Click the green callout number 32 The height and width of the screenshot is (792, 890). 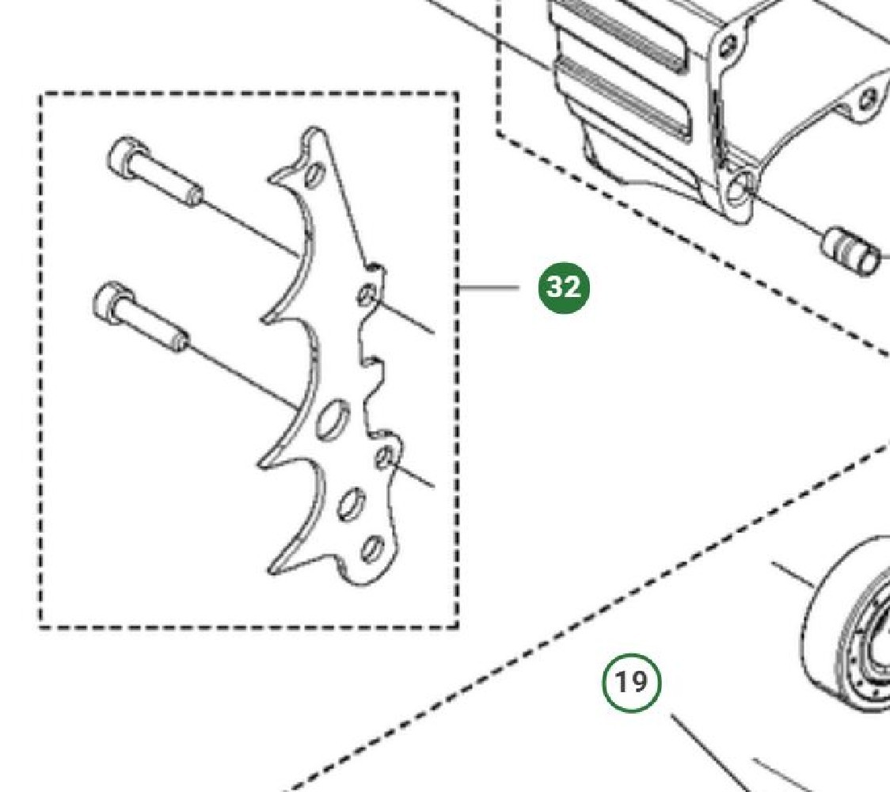coord(564,287)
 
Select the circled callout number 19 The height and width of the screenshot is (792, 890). coord(631,683)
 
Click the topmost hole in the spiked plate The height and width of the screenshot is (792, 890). coord(314,175)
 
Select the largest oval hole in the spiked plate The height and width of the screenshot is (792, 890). coord(333,419)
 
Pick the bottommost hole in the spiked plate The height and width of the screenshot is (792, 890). coord(372,548)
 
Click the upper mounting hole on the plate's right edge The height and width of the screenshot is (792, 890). coord(367,295)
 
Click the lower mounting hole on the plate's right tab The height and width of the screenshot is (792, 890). coord(385,458)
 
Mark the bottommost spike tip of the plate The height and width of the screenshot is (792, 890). coord(272,570)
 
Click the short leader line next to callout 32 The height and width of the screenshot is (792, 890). coord(489,288)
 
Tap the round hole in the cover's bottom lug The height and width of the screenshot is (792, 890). coord(740,189)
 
